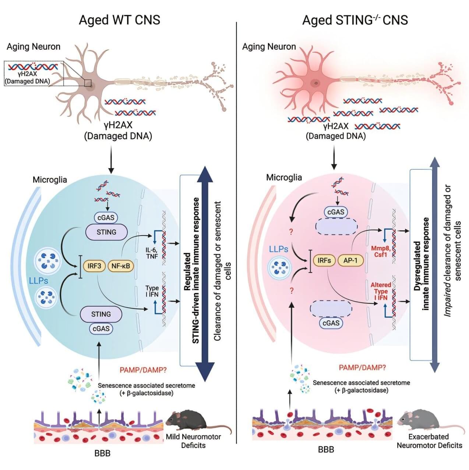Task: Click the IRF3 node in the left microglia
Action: point(94,266)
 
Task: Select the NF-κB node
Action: point(121,266)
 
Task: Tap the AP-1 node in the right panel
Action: point(350,261)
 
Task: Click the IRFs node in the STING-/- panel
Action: point(324,261)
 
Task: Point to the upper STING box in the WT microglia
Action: point(106,232)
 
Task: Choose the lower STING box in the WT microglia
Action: point(101,314)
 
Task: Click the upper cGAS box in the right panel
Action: point(336,212)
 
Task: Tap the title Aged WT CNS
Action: point(120,20)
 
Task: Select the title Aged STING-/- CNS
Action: point(355,20)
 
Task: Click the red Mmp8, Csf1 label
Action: point(380,251)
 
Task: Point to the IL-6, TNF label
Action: point(152,253)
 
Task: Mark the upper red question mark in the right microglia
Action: point(292,232)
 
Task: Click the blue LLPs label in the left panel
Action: point(38,281)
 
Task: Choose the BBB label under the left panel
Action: point(102,453)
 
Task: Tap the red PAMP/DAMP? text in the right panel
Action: point(362,368)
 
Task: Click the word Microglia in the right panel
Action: point(284,177)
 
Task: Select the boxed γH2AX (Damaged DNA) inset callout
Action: point(34,74)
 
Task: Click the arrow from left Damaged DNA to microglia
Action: point(111,159)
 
